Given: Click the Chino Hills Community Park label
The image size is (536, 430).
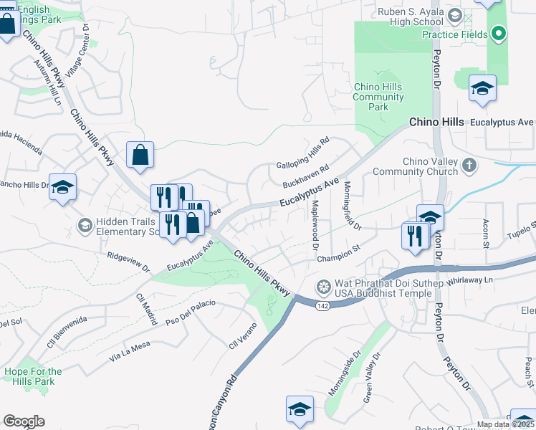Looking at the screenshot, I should coord(378,97).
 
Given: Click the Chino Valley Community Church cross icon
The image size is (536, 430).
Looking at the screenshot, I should coord(469,166).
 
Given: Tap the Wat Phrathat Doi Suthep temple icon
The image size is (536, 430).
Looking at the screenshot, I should coord(324,287).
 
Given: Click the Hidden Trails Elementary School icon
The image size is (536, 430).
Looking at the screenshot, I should coord(85,226).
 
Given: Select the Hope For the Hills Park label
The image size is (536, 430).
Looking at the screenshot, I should coord(33,376).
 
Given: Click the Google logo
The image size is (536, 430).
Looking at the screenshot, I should coord(24,421).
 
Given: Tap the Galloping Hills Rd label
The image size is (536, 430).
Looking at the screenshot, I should coord(302,150).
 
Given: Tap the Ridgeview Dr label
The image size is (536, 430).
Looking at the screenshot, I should coord(128,263).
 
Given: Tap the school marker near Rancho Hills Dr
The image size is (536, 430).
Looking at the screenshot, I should coord(63,187).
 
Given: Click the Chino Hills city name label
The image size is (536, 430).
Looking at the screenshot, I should coord(436,123).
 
